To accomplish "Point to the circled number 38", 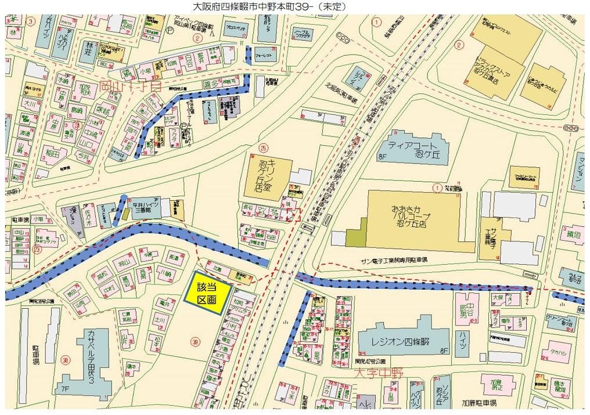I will (x=66, y=360).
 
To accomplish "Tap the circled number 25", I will (x=264, y=148).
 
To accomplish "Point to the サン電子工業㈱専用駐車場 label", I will (x=394, y=259).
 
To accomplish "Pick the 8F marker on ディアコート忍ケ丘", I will (x=382, y=156).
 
